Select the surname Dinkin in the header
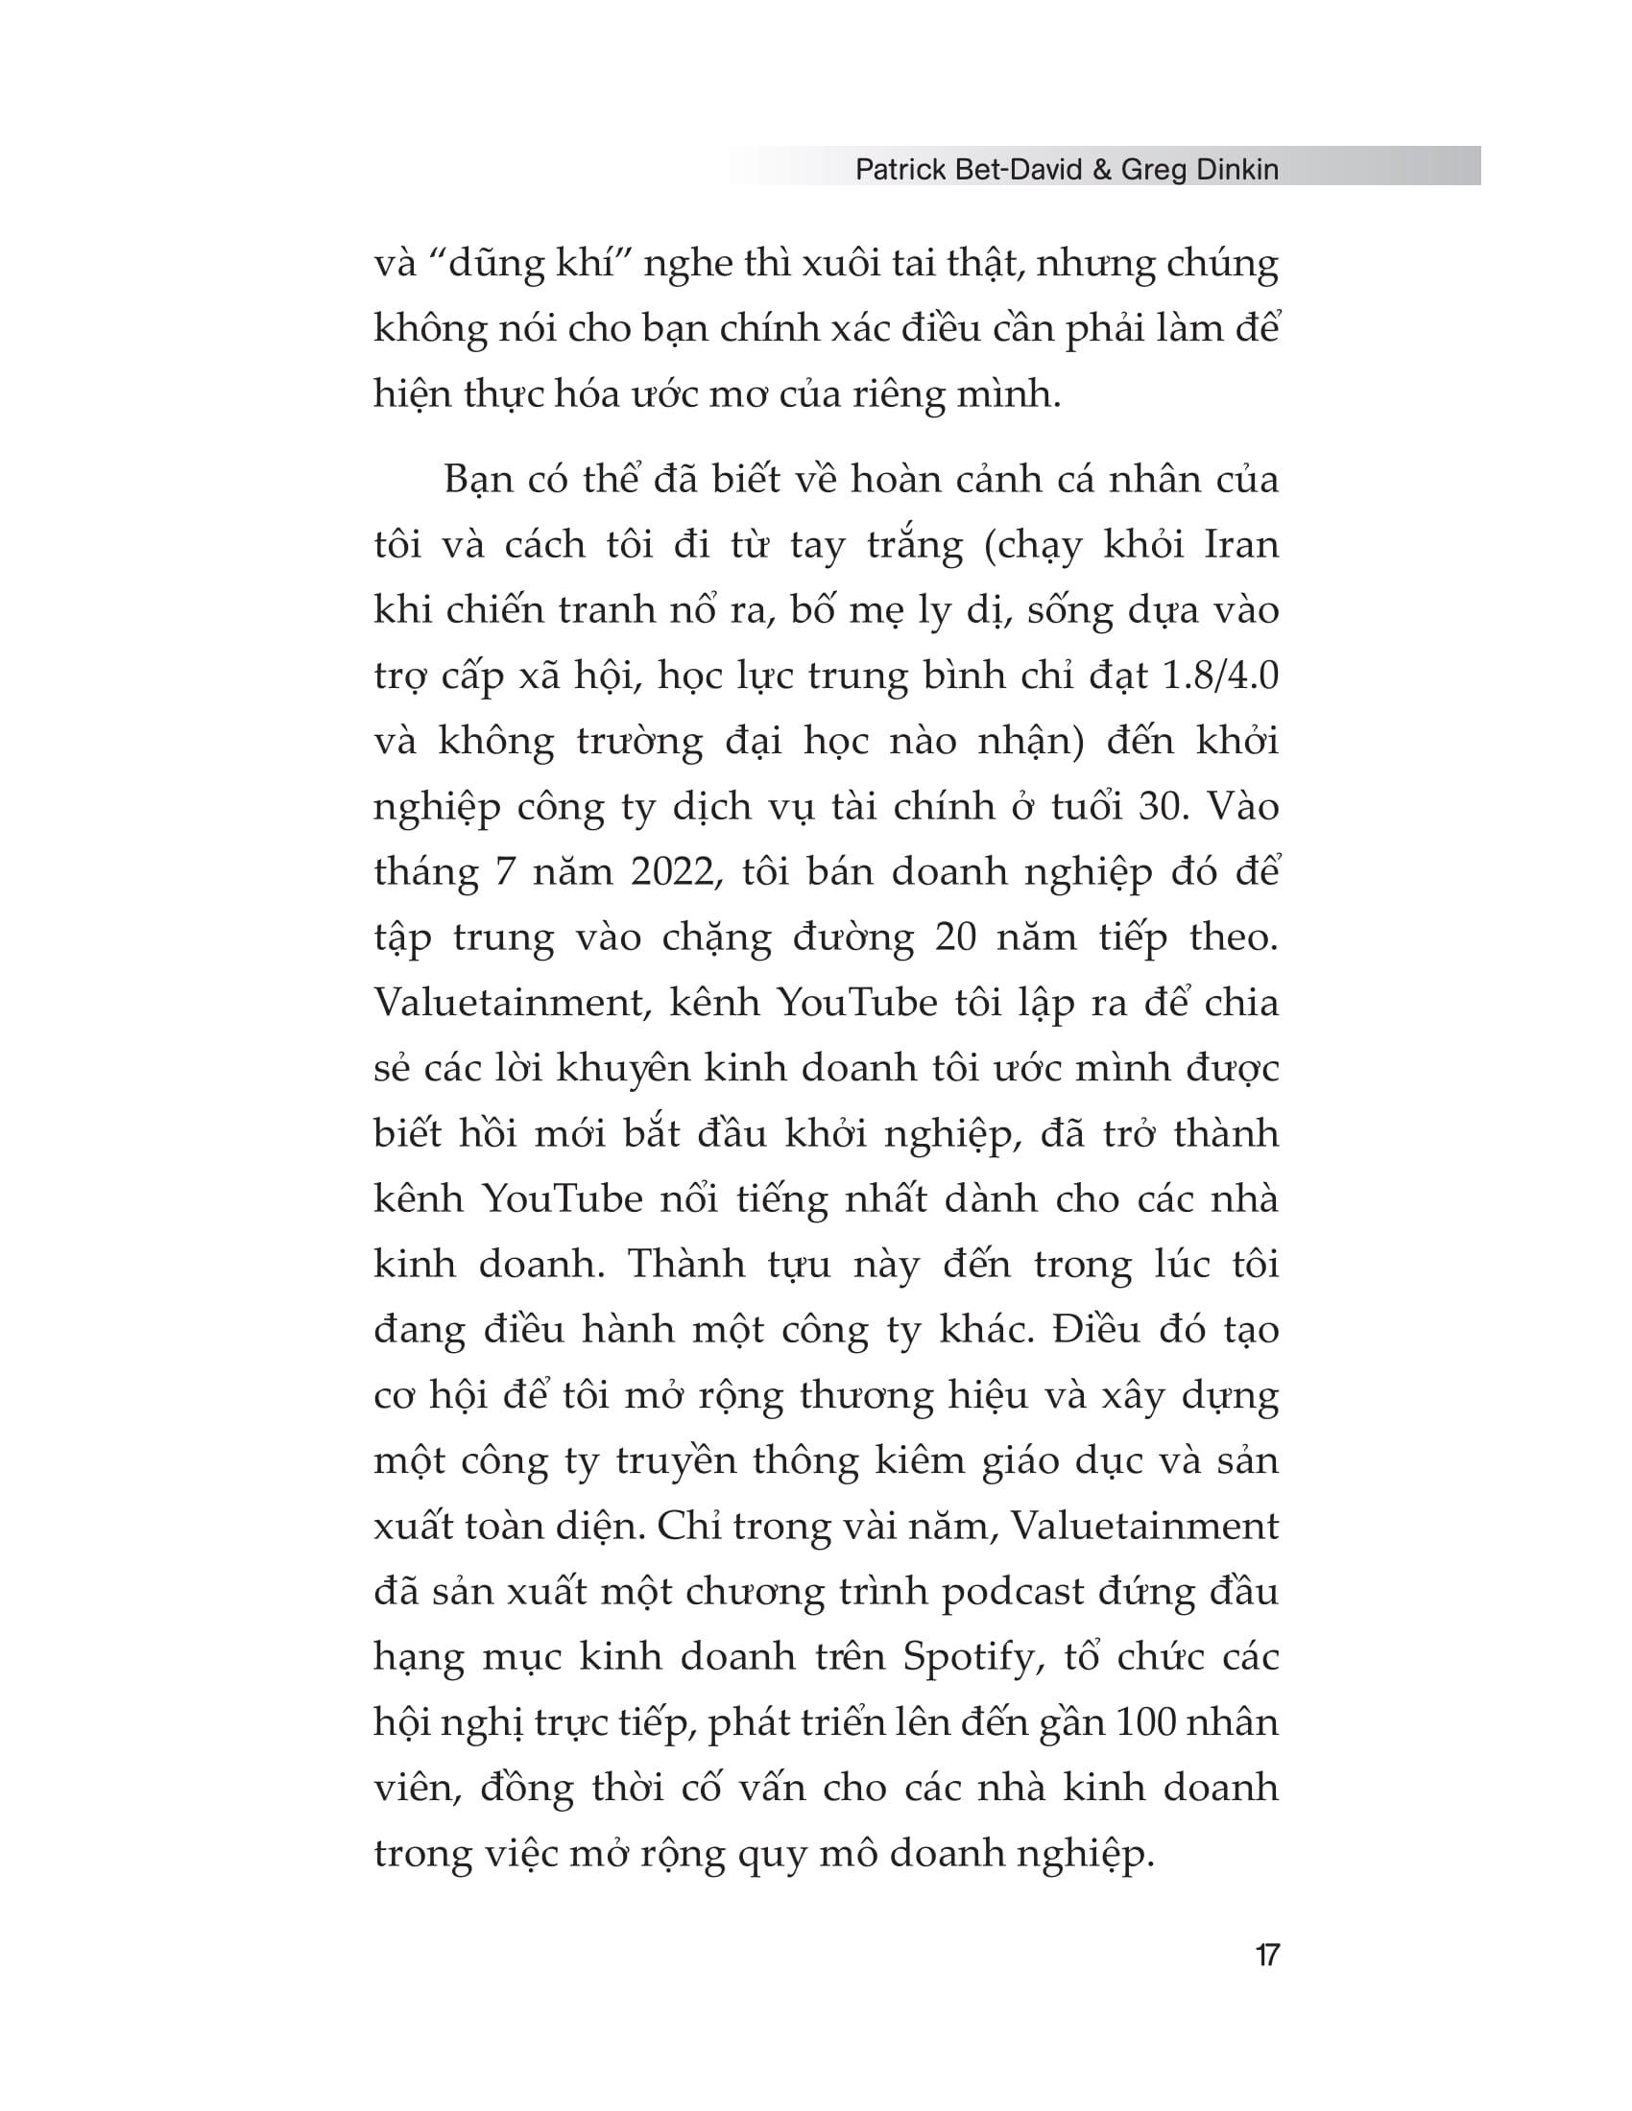[x=1235, y=170]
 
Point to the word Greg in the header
[x=1154, y=170]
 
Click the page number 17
[x=1266, y=1956]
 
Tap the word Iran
[x=1240, y=546]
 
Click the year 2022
[x=675, y=873]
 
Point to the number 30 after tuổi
[x=1159, y=807]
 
